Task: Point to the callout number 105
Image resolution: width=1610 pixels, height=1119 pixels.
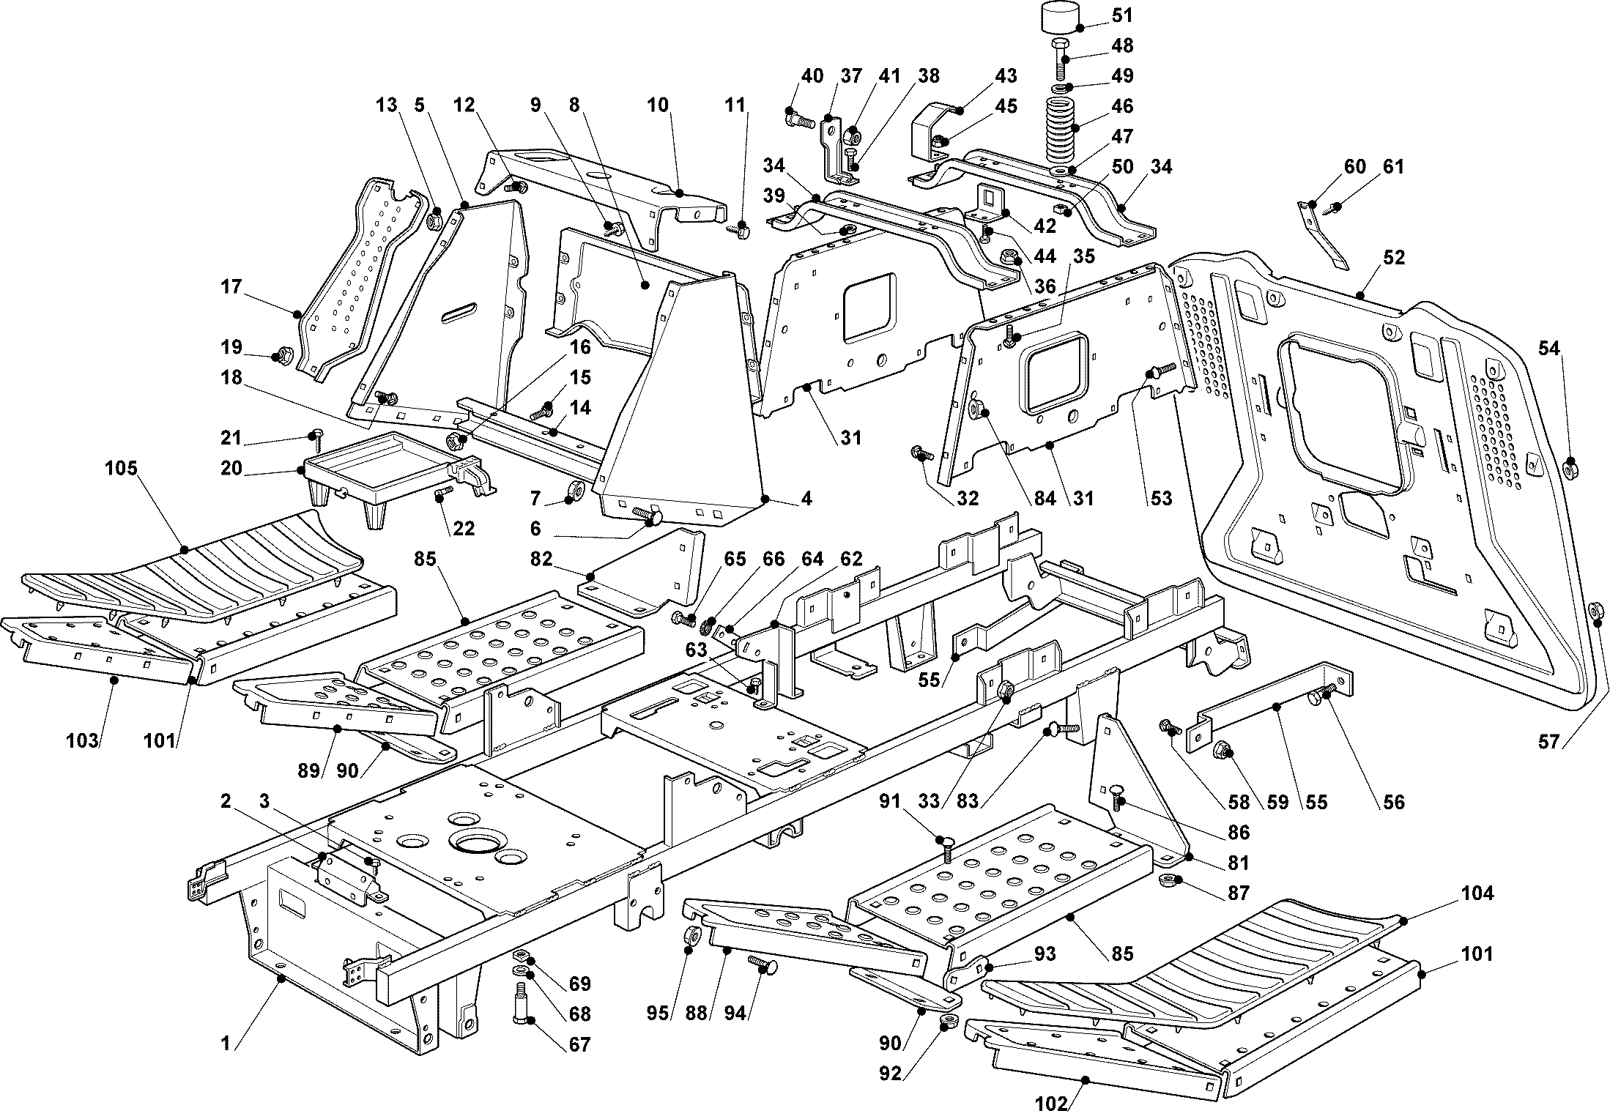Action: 122,468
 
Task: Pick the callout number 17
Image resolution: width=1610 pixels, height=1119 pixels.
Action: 231,286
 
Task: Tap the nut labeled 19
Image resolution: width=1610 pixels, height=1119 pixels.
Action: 279,357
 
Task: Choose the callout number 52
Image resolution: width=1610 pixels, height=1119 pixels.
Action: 1394,258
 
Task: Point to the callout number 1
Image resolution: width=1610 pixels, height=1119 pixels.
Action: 226,1044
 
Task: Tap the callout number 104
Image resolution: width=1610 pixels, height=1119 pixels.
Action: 1477,893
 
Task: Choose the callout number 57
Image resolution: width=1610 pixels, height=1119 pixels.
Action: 1548,742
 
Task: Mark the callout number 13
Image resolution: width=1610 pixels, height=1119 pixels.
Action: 386,105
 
